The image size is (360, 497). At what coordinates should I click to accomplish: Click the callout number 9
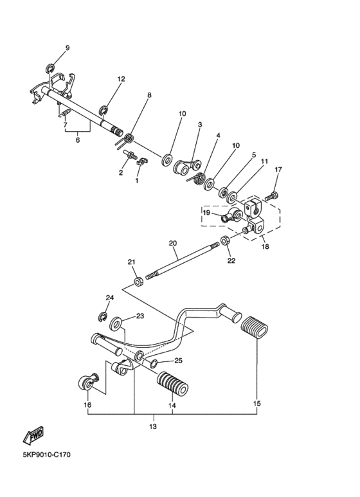pos(67,49)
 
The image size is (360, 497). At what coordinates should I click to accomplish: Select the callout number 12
pos(121,79)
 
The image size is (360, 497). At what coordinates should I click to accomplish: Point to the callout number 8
pos(149,95)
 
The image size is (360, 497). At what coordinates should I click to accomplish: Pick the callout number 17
pos(278,170)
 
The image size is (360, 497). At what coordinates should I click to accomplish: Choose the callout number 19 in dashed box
pos(207,212)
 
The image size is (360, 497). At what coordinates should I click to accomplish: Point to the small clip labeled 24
pos(102,315)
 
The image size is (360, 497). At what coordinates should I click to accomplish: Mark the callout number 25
pos(179,361)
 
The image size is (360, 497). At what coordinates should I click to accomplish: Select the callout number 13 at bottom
pos(153,426)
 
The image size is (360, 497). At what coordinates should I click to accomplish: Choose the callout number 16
pos(87,406)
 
